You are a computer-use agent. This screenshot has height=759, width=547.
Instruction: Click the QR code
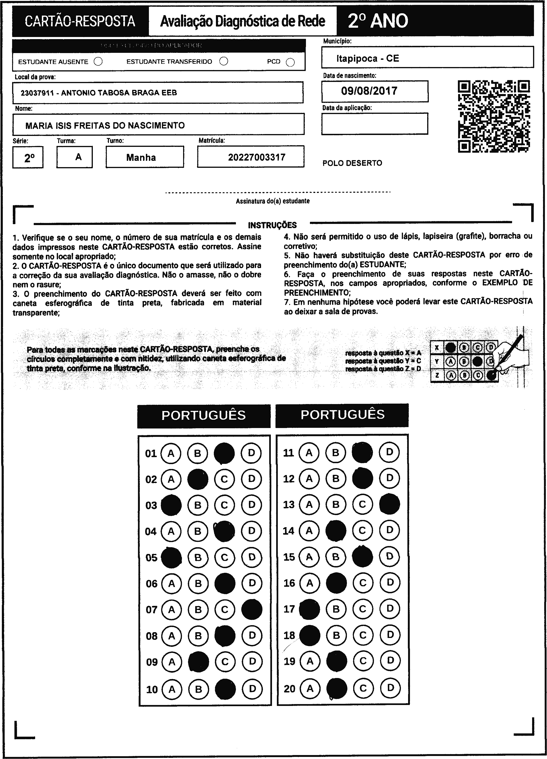(x=494, y=116)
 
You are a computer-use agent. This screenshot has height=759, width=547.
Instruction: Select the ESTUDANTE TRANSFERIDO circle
(x=224, y=61)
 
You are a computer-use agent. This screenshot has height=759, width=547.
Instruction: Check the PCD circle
(x=290, y=62)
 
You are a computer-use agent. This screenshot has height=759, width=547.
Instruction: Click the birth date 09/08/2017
(x=369, y=91)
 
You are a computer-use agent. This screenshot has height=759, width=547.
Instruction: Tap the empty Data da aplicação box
(x=374, y=124)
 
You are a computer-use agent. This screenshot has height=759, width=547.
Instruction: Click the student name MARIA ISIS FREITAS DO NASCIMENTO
(x=105, y=125)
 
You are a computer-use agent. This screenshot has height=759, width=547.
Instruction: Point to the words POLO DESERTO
(x=352, y=163)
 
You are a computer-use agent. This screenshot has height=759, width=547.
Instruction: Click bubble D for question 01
(x=251, y=453)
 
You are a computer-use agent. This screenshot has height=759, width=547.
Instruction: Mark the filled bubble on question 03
(x=171, y=505)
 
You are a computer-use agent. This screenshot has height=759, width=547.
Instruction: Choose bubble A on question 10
(x=172, y=689)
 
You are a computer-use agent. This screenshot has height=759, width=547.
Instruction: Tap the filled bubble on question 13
(x=389, y=504)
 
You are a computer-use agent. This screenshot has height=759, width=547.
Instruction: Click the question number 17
(x=289, y=609)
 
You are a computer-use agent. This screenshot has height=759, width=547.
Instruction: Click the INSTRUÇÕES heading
(x=272, y=225)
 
